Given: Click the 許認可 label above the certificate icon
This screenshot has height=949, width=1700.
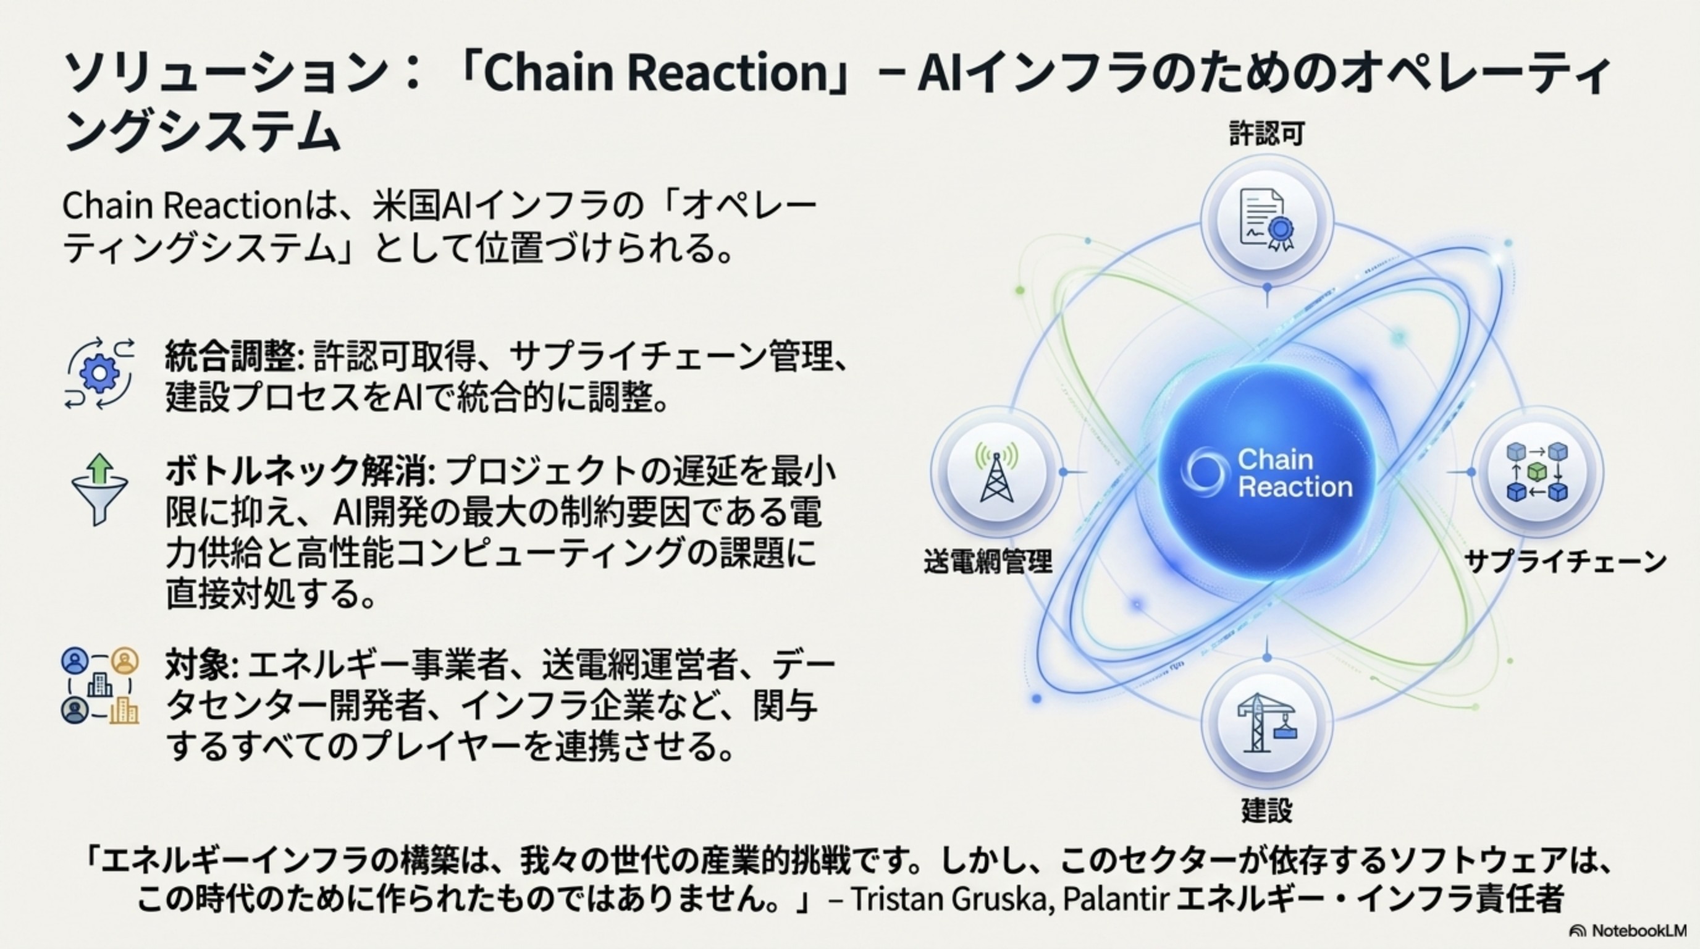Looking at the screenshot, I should coord(1266,134).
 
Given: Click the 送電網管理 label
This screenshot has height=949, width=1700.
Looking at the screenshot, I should coord(987,562).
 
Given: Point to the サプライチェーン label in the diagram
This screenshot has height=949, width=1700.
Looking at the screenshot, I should coord(1565,562).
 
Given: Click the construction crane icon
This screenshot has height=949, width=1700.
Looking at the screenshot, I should coord(1266,723).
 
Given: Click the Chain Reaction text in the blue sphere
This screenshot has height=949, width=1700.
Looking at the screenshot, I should coord(1294,473).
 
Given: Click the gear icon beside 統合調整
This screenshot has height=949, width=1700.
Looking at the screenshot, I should coord(99,374).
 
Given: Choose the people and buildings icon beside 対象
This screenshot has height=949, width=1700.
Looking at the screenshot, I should coord(100,686).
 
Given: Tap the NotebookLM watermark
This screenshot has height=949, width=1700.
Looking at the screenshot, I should coord(1626,930).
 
